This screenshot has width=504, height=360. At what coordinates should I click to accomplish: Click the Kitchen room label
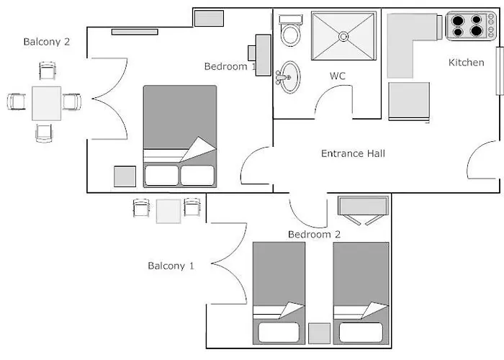tap(467, 63)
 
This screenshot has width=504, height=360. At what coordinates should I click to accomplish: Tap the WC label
tap(338, 75)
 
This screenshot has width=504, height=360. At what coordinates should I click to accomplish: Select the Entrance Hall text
tap(353, 153)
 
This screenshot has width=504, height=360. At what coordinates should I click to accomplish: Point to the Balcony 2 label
tap(46, 42)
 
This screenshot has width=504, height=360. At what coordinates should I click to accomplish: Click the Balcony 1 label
tap(171, 266)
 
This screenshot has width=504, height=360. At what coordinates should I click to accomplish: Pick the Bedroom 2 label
tap(314, 234)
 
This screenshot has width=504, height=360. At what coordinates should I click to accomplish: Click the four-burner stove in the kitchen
tap(466, 26)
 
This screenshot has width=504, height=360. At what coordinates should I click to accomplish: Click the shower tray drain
tap(343, 35)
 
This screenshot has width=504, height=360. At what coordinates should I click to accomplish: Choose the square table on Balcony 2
tap(46, 103)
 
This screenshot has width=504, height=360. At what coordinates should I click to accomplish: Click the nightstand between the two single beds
tap(319, 333)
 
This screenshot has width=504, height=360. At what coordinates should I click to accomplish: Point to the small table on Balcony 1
tap(168, 210)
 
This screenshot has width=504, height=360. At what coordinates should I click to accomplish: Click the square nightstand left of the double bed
tap(125, 176)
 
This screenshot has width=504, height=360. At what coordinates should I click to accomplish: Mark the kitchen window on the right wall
tap(498, 71)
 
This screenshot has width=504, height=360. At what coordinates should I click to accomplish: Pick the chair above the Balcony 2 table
tap(46, 71)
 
